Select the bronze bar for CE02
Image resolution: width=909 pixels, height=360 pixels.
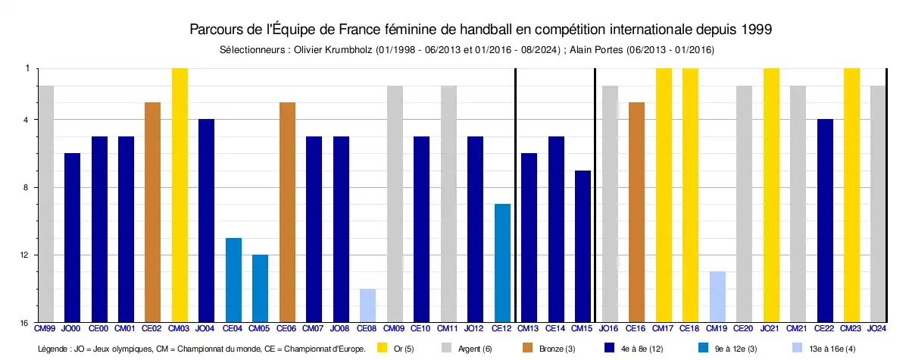click(x=152, y=212)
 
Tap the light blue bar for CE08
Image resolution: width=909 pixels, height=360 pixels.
click(x=368, y=305)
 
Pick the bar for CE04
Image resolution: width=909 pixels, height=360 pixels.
click(x=233, y=280)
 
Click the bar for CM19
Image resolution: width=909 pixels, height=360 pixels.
click(x=717, y=296)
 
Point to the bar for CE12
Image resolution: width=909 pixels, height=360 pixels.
click(x=502, y=263)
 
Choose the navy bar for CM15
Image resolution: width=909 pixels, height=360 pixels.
click(x=583, y=246)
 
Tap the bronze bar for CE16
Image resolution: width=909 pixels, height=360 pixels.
click(x=636, y=212)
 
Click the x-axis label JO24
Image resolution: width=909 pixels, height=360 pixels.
click(x=877, y=328)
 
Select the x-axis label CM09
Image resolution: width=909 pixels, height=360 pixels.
click(x=394, y=328)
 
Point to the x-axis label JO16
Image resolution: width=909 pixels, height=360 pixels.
click(x=609, y=328)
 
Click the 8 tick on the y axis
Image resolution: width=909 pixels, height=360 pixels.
click(x=27, y=187)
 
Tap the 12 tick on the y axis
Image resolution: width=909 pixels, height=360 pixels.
click(x=26, y=255)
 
